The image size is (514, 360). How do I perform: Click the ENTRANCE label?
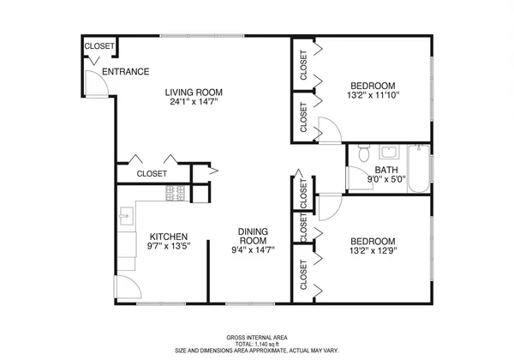(x=126, y=72)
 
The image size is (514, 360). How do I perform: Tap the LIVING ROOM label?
(x=194, y=93)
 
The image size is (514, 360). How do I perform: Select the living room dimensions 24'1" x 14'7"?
(x=194, y=104)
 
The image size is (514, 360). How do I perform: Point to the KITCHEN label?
(x=169, y=237)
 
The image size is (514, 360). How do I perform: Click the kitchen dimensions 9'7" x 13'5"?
(x=169, y=248)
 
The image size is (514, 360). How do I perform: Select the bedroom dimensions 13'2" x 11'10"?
(x=372, y=95)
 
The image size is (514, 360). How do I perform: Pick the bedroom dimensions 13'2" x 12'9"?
(x=372, y=251)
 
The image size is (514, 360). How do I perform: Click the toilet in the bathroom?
(x=363, y=154)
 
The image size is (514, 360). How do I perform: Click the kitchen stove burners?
(x=176, y=193)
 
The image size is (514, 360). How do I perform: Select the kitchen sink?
(x=126, y=214)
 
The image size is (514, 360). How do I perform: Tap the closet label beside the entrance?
(x=99, y=46)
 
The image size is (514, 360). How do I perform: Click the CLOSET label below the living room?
(x=152, y=174)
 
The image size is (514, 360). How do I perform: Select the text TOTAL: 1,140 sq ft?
(x=256, y=344)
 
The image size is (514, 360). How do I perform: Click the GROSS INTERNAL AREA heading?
(x=256, y=337)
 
